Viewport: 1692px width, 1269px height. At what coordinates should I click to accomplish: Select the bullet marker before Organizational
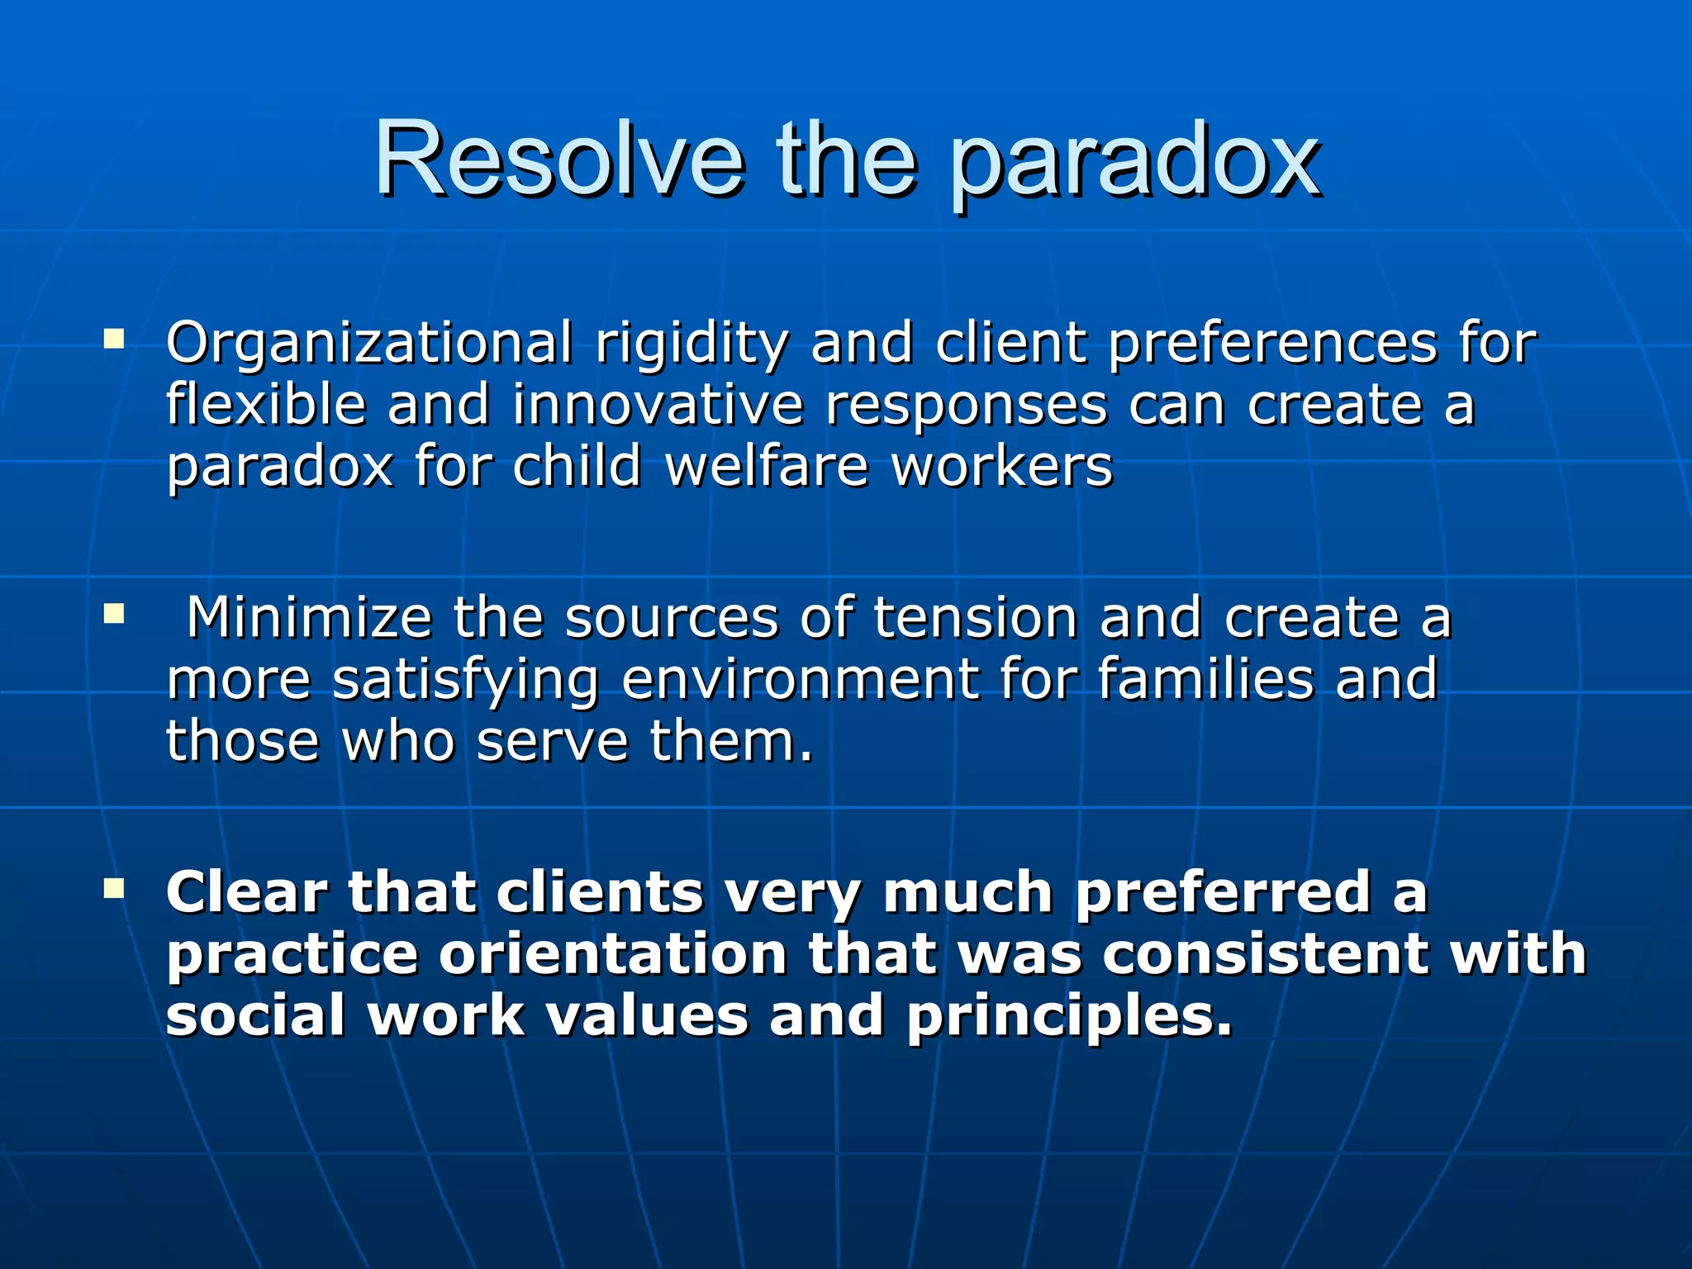point(114,339)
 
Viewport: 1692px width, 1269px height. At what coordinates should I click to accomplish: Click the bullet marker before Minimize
point(114,614)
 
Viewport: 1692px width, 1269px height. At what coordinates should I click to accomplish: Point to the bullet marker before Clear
point(114,889)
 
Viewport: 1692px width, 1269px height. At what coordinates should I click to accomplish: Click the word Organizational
point(368,343)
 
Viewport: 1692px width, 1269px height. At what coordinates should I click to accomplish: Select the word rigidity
point(692,343)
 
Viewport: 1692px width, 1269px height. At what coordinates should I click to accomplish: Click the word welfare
point(767,466)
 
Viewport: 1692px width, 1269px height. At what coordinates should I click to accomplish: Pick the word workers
point(1001,466)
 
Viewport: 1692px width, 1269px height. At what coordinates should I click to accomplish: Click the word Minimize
point(309,617)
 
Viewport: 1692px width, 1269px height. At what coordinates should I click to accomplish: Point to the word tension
point(975,617)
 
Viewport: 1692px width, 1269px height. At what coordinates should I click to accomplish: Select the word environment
point(799,679)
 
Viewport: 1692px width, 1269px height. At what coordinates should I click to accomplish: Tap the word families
point(1205,679)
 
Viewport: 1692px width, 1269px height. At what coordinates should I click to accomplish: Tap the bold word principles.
point(1068,1016)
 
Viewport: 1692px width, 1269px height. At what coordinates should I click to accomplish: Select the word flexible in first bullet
point(265,405)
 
